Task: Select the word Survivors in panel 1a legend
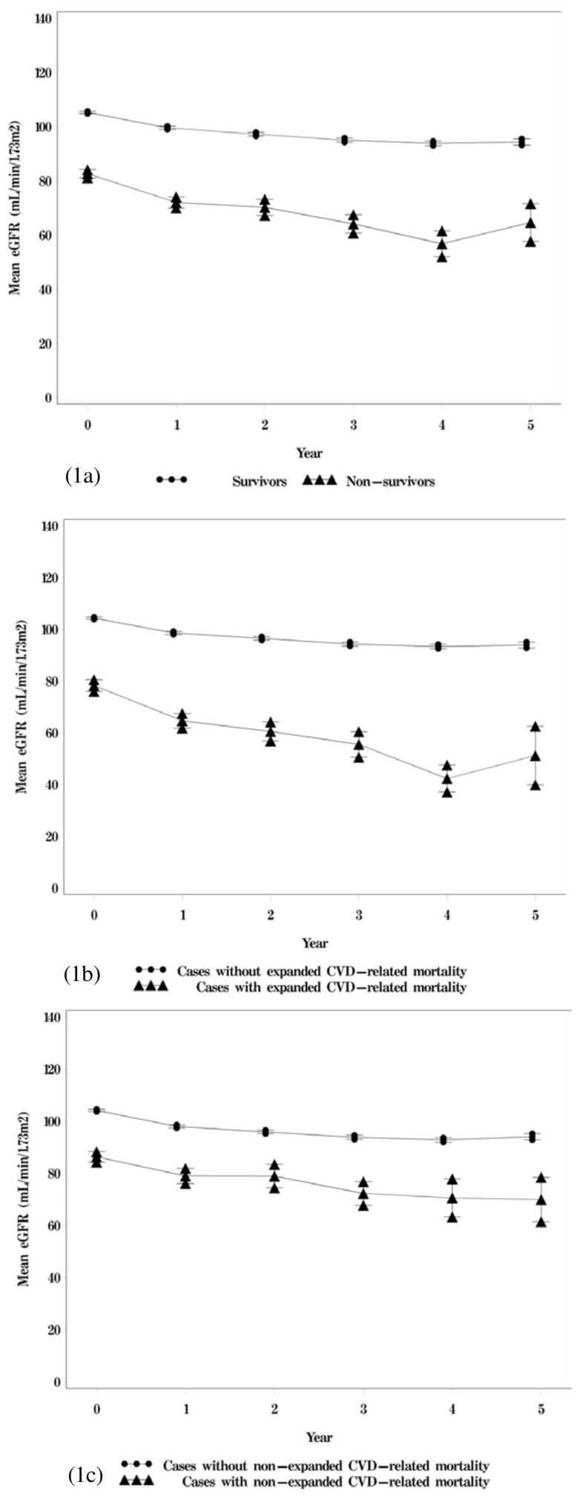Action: (x=259, y=481)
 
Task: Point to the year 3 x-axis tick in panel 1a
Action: (x=354, y=425)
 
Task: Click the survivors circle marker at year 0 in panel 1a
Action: (x=87, y=113)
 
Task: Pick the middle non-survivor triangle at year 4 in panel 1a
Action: (x=442, y=244)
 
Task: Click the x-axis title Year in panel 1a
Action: (x=309, y=452)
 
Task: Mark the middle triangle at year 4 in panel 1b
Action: (x=447, y=778)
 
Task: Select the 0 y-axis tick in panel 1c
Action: (x=56, y=1382)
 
